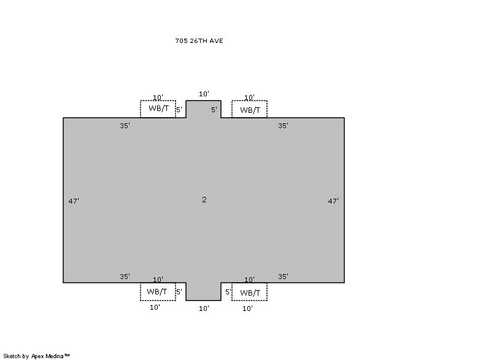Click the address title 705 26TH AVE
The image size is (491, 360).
pos(199,40)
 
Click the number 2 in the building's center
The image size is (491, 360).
pos(204,199)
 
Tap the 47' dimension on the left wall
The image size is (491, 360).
pos(74,201)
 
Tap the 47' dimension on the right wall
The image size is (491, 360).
pos(333,201)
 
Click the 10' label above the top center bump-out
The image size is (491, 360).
pos(204,94)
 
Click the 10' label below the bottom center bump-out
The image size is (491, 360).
pos(204,308)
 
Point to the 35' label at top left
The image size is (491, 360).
pos(125,126)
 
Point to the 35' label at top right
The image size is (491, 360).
pos(283,126)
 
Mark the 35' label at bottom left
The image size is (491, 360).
pos(125,277)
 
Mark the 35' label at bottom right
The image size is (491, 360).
pos(283,277)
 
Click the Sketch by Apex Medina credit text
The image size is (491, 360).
pos(36,356)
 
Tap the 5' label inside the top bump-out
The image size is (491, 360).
pos(214,110)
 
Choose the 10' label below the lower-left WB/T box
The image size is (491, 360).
pos(155,307)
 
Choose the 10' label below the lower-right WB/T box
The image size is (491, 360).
pos(247,308)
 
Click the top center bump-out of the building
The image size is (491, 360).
pos(204,109)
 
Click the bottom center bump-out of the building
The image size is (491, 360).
pos(204,291)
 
